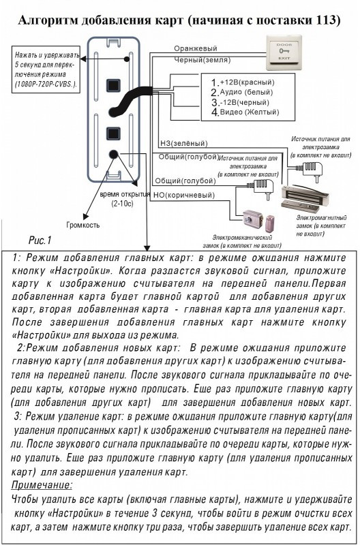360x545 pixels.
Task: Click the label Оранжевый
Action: [196, 48]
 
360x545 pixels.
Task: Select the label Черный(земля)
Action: [202, 60]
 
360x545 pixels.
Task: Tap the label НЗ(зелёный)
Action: [183, 143]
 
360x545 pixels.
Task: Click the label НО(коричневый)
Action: [184, 196]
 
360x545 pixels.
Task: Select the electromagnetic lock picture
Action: [305, 198]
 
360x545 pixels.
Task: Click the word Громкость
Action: [82, 225]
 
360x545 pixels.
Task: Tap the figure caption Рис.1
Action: [40, 240]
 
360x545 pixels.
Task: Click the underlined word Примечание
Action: [42, 484]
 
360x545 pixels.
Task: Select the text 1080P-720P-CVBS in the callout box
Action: [45, 84]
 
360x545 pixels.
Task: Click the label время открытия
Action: [125, 194]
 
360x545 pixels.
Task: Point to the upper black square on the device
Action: [113, 85]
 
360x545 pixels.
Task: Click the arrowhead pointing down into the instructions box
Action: [147, 248]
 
